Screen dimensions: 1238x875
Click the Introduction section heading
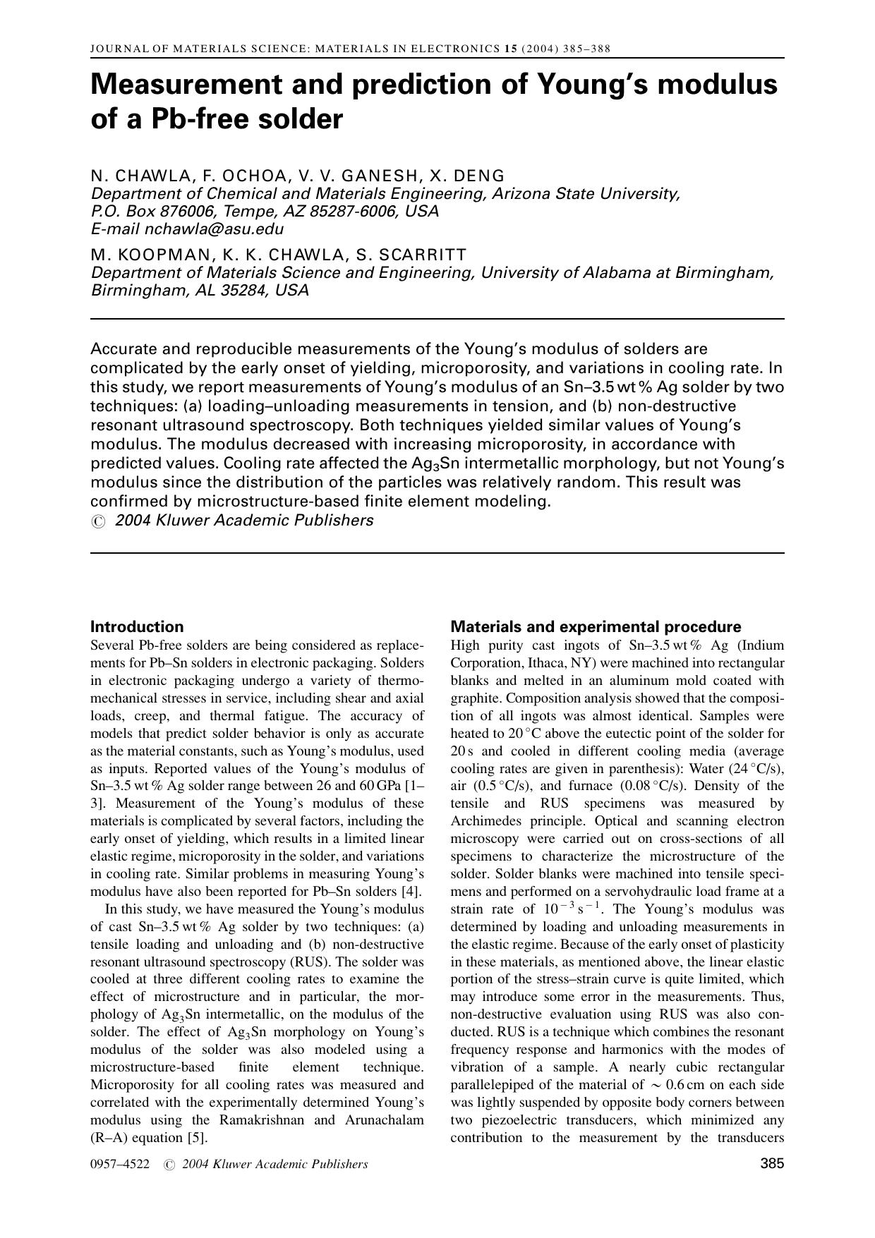point(137,626)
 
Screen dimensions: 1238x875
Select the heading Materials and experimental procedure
point(596,626)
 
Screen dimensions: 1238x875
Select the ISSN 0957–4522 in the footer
point(120,1165)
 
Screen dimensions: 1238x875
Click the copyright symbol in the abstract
point(99,521)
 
